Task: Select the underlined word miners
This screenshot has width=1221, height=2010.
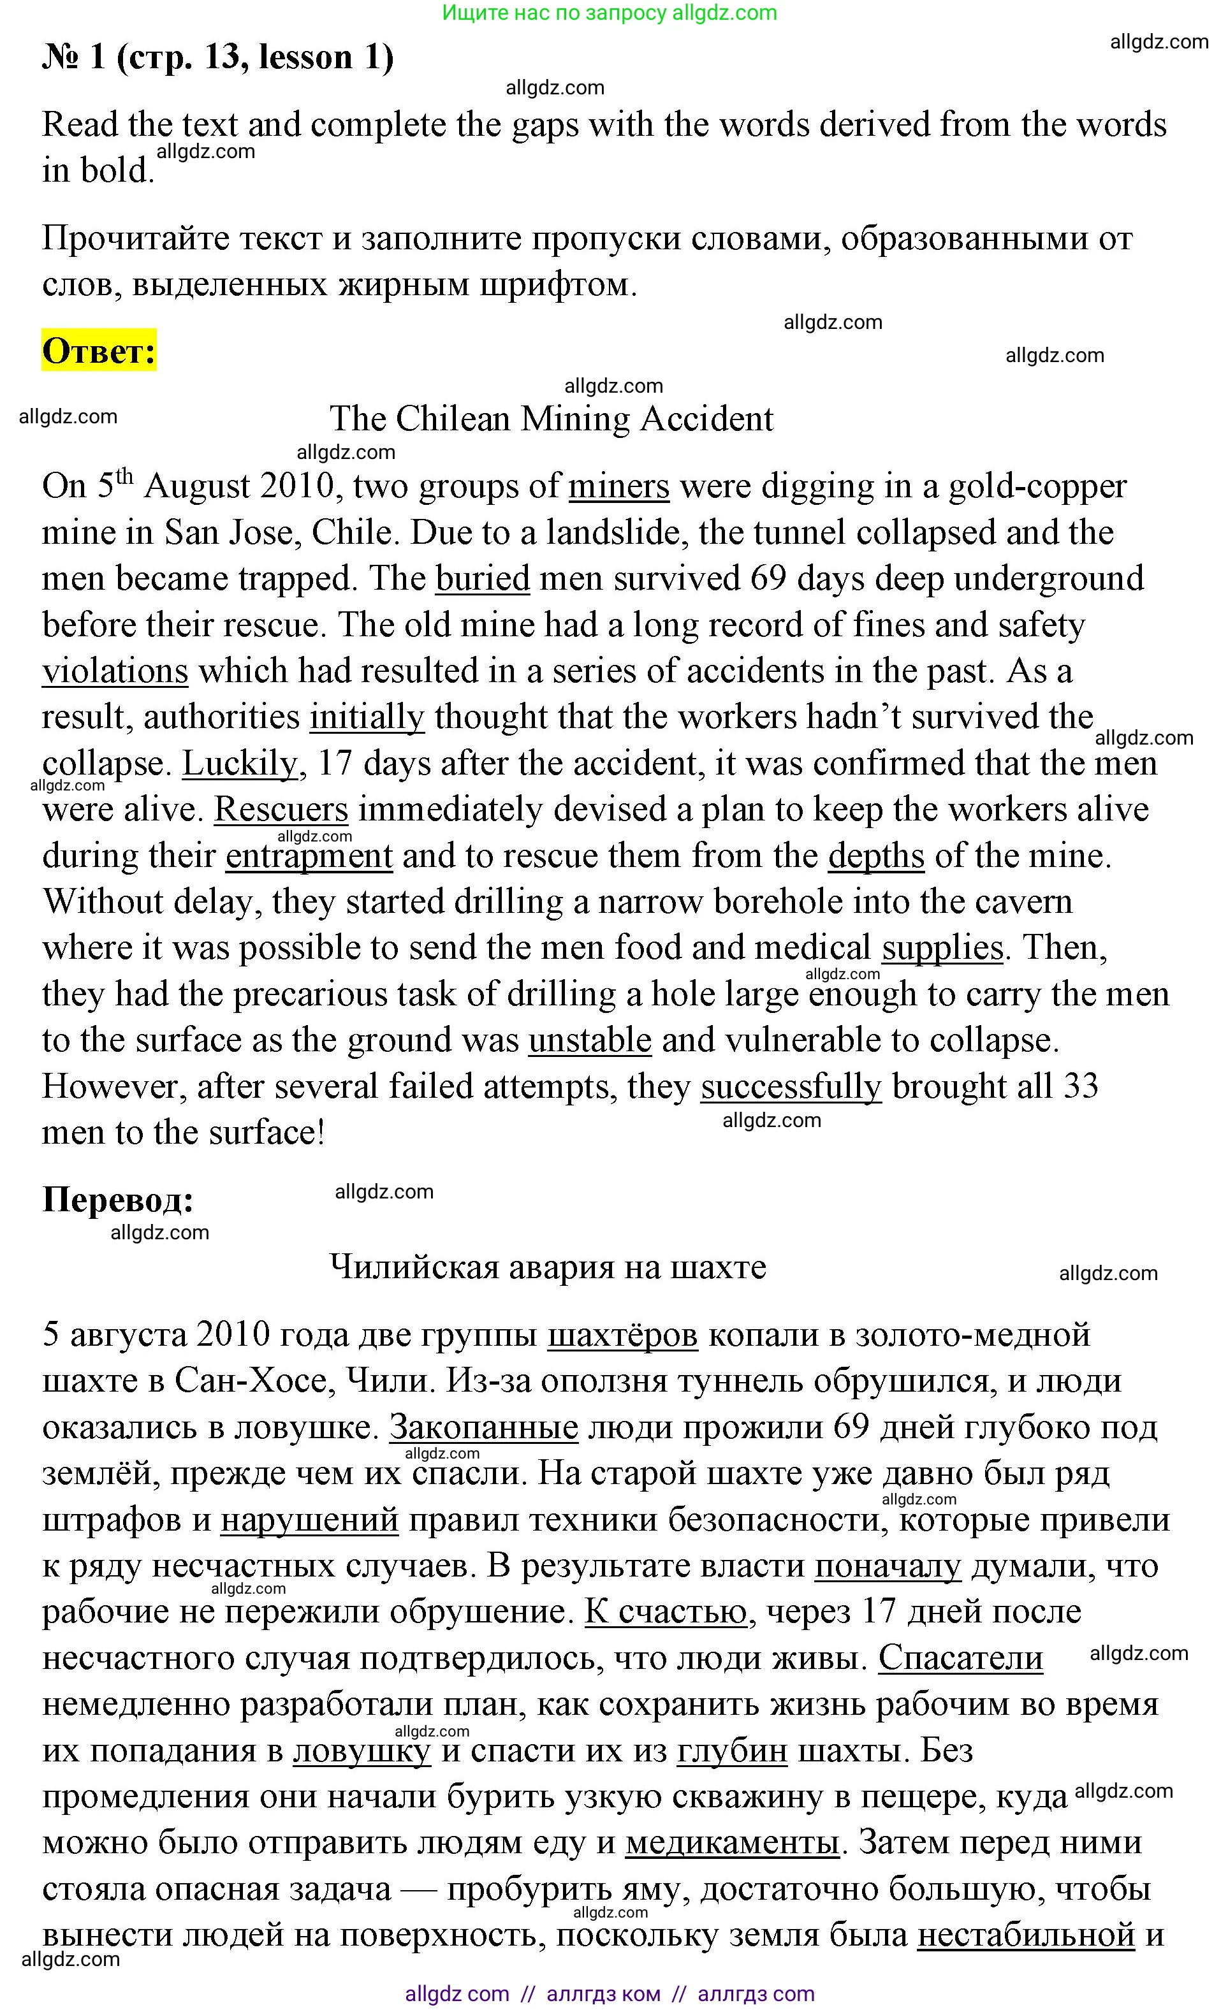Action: pyautogui.click(x=618, y=486)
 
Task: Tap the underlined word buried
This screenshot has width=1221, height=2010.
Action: pyautogui.click(x=482, y=578)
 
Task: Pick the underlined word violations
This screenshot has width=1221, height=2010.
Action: pyautogui.click(x=115, y=671)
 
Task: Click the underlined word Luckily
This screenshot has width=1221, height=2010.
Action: pyautogui.click(x=239, y=764)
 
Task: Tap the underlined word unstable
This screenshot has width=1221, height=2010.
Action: pyautogui.click(x=589, y=1041)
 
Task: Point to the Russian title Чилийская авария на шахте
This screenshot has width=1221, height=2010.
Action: pyautogui.click(x=547, y=1267)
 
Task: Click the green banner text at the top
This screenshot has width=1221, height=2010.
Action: pyautogui.click(x=610, y=13)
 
